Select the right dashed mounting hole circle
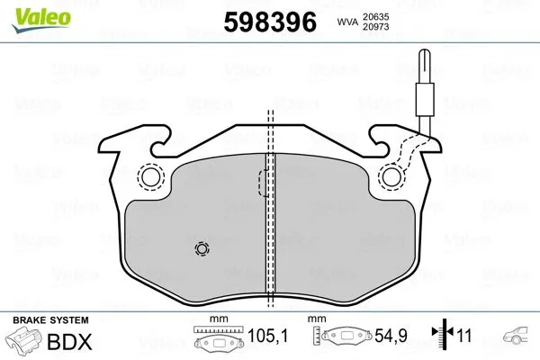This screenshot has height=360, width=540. pyautogui.click(x=391, y=178)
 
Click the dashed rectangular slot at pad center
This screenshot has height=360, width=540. pyautogui.click(x=265, y=184)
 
